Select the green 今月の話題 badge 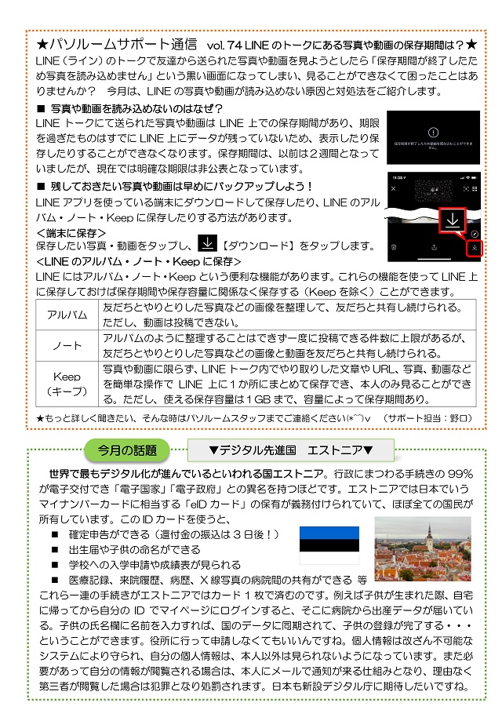[x=128, y=450]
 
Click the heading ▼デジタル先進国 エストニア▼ [x=290, y=450]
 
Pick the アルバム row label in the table [x=67, y=315]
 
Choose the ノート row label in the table [x=67, y=345]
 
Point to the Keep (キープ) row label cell [x=67, y=384]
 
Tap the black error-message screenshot [x=432, y=136]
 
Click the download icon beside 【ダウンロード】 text [x=204, y=244]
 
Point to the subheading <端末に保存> [x=71, y=232]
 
